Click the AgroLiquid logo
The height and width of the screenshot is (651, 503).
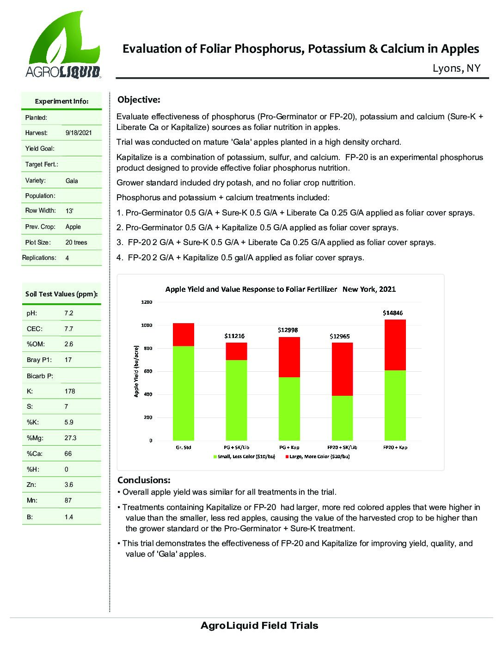62,45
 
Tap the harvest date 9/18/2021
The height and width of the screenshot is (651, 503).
79,133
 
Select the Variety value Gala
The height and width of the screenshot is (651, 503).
72,181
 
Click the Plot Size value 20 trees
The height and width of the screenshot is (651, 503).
76,242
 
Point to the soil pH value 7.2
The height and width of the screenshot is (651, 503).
69,313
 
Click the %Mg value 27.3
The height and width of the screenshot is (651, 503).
71,438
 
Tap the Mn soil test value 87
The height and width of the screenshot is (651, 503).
68,500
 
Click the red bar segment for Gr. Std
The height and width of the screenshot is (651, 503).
183,335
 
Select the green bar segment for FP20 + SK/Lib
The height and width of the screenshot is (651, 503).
342,418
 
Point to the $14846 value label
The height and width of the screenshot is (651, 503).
393,313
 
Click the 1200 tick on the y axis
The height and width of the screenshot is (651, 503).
147,302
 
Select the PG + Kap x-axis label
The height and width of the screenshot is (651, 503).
289,447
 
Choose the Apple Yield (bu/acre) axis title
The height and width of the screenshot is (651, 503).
136,372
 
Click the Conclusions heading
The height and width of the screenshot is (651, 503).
144,480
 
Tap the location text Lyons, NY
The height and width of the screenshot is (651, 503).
456,68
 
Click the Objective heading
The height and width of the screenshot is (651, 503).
139,99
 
